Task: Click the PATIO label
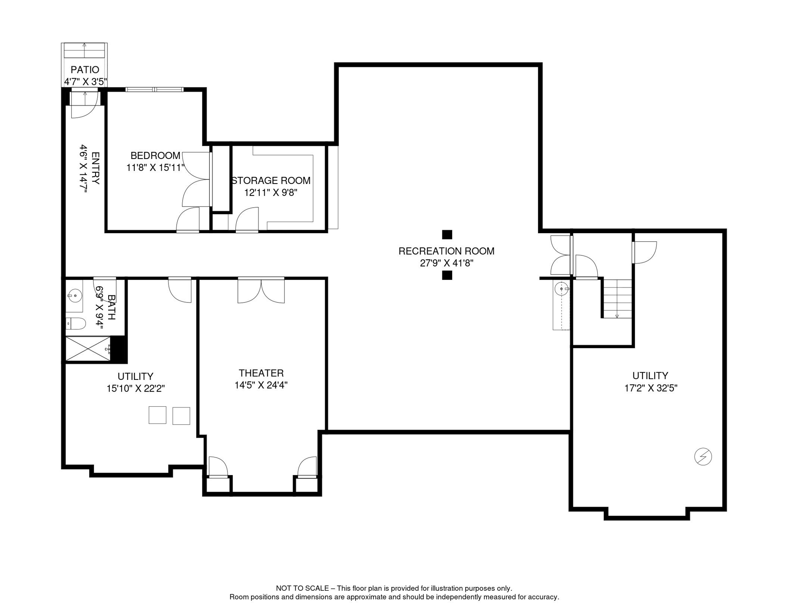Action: pyautogui.click(x=85, y=70)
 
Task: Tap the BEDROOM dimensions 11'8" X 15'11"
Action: pyautogui.click(x=155, y=168)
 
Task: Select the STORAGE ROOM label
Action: pyautogui.click(x=271, y=181)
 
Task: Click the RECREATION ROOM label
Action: pyautogui.click(x=446, y=251)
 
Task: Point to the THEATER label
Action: pyautogui.click(x=261, y=373)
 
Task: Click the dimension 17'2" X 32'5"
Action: pyautogui.click(x=650, y=388)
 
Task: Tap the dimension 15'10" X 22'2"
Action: pyautogui.click(x=136, y=389)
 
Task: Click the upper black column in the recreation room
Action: pyautogui.click(x=447, y=235)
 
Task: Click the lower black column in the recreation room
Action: pyautogui.click(x=447, y=275)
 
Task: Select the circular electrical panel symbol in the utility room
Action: pyautogui.click(x=703, y=457)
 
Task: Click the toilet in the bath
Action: pyautogui.click(x=76, y=324)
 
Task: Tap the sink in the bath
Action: pyautogui.click(x=75, y=296)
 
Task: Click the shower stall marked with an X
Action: pyautogui.click(x=88, y=349)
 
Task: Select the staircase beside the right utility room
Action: pyautogui.click(x=617, y=299)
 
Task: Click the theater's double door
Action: pyautogui.click(x=261, y=291)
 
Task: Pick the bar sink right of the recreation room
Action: pyautogui.click(x=561, y=289)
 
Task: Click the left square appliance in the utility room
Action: pyautogui.click(x=157, y=415)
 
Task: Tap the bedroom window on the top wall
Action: pyautogui.click(x=154, y=90)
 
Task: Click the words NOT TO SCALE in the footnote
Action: pyautogui.click(x=302, y=588)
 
